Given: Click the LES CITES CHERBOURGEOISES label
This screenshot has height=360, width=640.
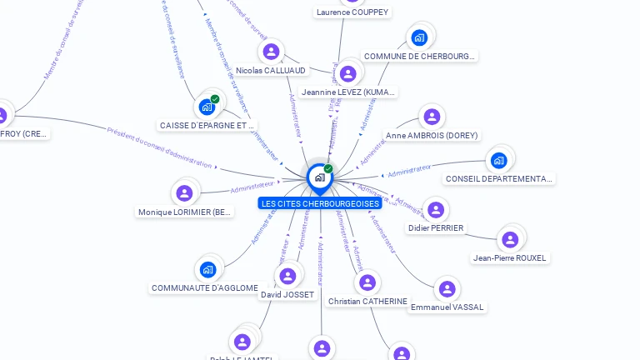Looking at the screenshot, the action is tap(320, 203).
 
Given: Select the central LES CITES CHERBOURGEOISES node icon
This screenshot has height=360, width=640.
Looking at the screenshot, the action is tap(319, 177).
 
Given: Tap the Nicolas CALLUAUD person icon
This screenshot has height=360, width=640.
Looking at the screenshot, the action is tap(271, 52).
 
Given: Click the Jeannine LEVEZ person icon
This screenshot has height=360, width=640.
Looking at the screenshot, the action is tap(348, 73).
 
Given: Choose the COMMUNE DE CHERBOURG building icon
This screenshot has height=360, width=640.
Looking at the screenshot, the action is tap(419, 37).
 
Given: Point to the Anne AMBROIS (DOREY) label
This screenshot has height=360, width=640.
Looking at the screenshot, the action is tap(432, 135).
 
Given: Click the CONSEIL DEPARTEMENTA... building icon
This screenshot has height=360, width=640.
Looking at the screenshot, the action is tap(498, 160).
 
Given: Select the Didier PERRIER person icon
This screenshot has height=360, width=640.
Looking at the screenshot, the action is tap(436, 209).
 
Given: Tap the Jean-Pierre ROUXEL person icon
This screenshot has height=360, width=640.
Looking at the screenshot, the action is tap(510, 239).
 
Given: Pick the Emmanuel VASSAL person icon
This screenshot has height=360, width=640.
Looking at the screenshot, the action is tap(447, 288).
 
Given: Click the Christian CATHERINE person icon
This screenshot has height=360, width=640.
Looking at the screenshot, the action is tap(367, 282).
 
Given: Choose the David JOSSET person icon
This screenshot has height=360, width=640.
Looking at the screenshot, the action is tap(287, 276).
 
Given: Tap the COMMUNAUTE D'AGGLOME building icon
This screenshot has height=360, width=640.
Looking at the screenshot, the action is tap(207, 269).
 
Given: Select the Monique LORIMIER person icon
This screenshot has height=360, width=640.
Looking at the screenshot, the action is tap(184, 193).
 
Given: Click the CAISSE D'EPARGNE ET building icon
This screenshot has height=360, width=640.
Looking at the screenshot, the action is tap(207, 107).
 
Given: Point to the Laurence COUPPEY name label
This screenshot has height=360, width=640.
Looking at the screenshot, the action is tap(352, 12).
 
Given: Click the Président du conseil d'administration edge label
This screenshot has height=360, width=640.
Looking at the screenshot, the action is tap(160, 147).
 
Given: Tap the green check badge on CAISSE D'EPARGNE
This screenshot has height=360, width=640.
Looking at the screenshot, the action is tap(215, 99).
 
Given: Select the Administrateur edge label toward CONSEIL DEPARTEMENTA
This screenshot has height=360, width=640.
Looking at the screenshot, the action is tap(409, 170).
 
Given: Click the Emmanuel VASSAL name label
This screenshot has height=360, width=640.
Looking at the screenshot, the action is tap(447, 307).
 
